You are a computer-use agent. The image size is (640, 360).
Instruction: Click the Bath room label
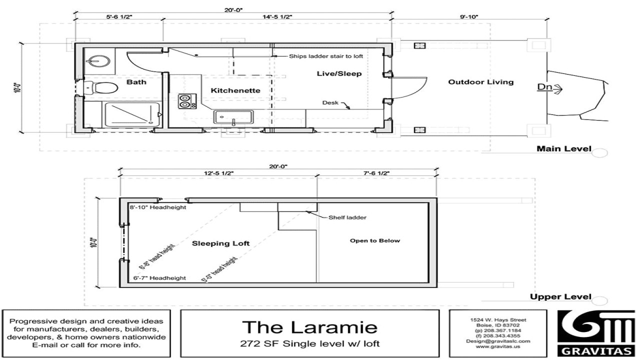point(136,82)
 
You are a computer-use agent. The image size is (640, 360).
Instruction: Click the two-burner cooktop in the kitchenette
point(184,101)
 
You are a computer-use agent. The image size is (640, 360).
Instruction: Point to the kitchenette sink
point(232,117)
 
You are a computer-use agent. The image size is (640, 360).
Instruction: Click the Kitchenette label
point(235,90)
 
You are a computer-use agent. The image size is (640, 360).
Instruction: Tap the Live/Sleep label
point(339,73)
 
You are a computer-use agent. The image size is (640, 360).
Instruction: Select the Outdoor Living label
point(480,82)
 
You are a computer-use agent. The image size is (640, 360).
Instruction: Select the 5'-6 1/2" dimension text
point(118,16)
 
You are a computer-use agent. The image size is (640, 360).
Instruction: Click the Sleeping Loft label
point(220,243)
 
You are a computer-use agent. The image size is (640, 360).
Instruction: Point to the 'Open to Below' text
point(374,240)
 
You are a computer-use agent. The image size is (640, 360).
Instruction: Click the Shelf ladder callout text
point(347,217)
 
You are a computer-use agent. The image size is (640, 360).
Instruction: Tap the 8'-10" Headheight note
point(158,207)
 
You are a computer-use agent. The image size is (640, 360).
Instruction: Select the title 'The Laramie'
point(309,327)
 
